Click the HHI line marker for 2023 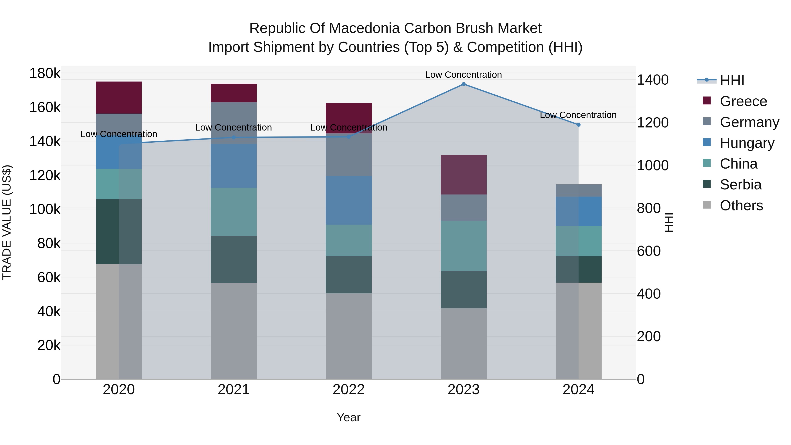463,84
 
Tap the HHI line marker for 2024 579,125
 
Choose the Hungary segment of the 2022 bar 348,200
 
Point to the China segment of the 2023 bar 463,246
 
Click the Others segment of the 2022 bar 348,336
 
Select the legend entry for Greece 743,101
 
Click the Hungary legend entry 747,143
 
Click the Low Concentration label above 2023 463,75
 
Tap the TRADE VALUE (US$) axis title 7,222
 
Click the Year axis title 348,417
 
